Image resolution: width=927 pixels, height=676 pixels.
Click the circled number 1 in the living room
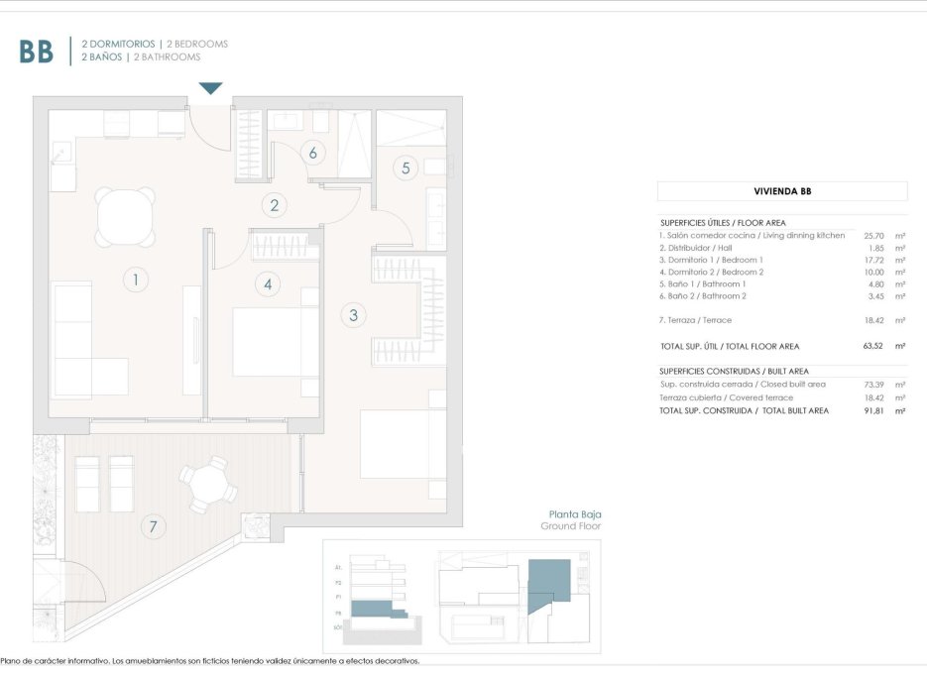tap(136, 281)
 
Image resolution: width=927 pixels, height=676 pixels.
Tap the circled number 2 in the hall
tap(275, 206)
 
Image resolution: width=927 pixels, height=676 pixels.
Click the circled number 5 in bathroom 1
tap(405, 168)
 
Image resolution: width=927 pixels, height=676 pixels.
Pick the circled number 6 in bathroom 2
tap(312, 153)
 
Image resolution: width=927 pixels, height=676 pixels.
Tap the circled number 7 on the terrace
tap(153, 526)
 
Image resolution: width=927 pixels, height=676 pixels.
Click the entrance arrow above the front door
tap(211, 89)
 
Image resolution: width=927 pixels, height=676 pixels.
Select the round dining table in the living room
tap(125, 217)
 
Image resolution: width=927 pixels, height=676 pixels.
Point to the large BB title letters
tap(36, 52)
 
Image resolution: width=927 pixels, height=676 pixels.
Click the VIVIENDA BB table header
tap(781, 191)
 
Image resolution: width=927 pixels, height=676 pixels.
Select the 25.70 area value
tap(872, 236)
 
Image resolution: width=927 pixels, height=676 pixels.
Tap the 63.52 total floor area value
tap(872, 347)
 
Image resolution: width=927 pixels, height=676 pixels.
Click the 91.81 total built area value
tap(872, 410)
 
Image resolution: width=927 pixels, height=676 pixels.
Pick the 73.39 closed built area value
tap(872, 385)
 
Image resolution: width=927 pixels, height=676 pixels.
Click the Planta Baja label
tap(575, 515)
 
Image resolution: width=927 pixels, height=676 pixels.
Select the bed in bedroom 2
tap(275, 342)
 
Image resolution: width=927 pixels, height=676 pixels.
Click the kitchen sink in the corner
tap(62, 155)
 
